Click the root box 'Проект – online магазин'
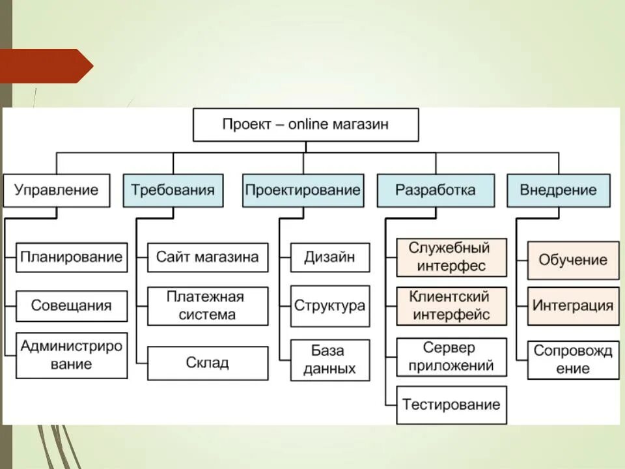pos(305,124)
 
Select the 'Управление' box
pos(57,190)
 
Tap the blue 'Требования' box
pos(173,190)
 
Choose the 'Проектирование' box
pos(303,190)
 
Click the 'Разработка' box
pos(436,190)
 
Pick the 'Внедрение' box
pos(559,190)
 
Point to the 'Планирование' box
pos(72,257)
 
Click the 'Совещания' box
pos(72,306)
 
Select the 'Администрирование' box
pos(72,355)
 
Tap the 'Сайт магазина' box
pos(208,257)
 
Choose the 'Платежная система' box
pos(208,306)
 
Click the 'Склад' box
pos(208,363)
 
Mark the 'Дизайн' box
pos(330,257)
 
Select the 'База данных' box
pos(330,360)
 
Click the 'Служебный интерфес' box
pos(451,257)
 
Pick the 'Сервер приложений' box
pos(451,357)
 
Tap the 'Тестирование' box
pos(451,405)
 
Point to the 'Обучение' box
pos(573,260)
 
